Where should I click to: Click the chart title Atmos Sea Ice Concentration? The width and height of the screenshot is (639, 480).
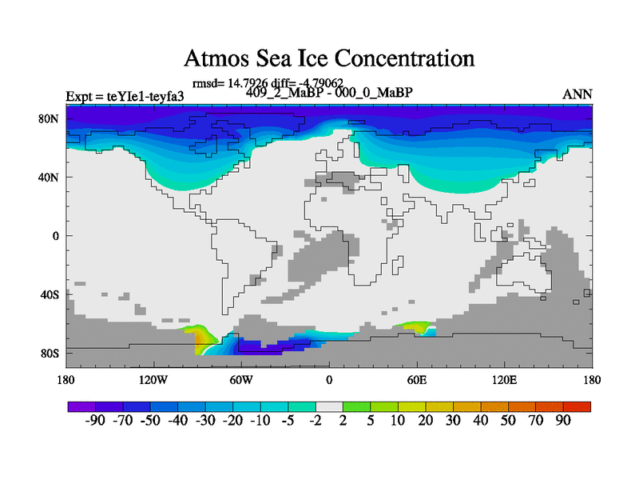coord(329,58)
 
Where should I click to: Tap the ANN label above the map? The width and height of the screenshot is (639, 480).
coord(577,94)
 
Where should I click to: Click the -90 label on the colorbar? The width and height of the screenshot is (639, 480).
coord(95,421)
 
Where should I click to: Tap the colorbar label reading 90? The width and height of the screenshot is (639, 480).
coord(563,421)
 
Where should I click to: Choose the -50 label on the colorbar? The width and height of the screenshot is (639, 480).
coord(150,421)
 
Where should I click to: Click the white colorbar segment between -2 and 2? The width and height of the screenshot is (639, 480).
coord(329,406)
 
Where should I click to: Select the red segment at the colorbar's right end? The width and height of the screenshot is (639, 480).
coord(577,406)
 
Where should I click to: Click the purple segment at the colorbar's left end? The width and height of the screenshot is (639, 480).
coord(81,406)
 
